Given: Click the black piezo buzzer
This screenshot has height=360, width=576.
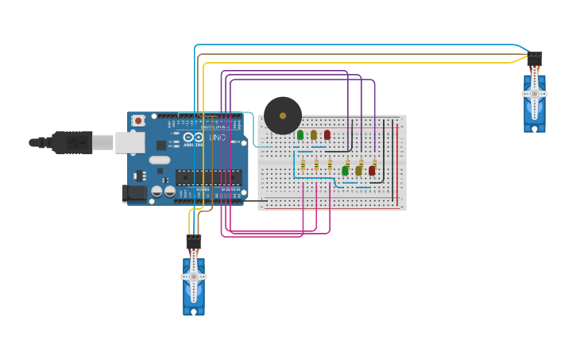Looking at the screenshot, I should (283, 116).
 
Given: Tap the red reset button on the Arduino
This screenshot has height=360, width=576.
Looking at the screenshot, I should (139, 121).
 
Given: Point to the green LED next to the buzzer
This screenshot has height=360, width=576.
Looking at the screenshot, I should (300, 135).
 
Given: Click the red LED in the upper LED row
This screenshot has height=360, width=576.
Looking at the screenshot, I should (327, 135).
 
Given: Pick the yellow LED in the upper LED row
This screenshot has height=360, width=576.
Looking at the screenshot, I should (314, 135).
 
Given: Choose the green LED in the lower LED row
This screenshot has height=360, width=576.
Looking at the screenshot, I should (345, 170).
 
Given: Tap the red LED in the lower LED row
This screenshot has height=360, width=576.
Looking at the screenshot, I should (372, 170).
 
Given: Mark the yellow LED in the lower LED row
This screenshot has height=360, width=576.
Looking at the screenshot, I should (358, 170).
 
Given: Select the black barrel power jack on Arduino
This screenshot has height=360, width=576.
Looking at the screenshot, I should (133, 192).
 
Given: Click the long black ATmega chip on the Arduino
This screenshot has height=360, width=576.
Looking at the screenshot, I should (208, 177).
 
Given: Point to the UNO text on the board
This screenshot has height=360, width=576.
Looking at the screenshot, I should (217, 138).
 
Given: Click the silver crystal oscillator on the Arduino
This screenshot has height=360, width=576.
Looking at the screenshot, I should (159, 160).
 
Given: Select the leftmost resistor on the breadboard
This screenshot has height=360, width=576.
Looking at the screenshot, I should (303, 165).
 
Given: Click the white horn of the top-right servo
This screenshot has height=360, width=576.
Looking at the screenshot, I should (535, 94).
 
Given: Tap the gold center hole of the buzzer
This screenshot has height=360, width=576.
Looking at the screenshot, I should (283, 116).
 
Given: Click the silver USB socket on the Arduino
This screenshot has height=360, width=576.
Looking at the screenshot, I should (130, 142).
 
